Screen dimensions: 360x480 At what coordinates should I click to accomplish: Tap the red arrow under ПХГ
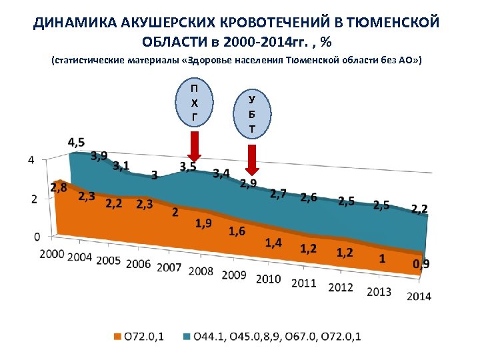click(x=194, y=146)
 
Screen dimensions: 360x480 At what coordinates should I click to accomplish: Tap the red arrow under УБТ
click(x=251, y=157)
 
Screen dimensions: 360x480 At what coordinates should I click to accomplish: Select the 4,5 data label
click(x=76, y=143)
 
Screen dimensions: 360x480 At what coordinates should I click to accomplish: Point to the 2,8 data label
click(x=59, y=188)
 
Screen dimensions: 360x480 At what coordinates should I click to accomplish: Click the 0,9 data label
click(x=421, y=264)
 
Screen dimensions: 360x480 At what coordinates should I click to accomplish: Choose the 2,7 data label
click(x=279, y=194)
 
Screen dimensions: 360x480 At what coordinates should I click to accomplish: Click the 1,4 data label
click(x=273, y=242)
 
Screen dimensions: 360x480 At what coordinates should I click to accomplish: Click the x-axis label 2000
click(x=52, y=254)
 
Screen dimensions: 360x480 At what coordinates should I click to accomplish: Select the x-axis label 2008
click(x=201, y=271)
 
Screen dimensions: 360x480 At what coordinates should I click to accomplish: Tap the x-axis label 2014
click(x=418, y=296)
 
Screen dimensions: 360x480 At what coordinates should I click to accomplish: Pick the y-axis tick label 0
click(x=37, y=237)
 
